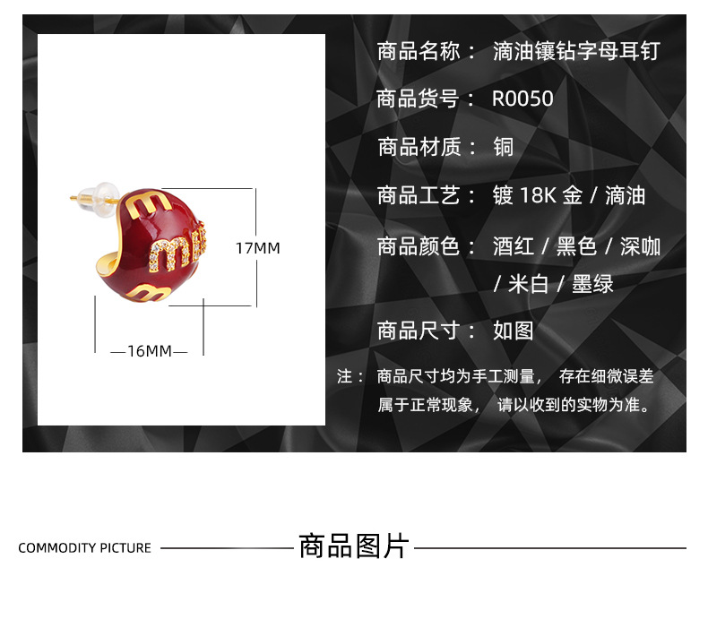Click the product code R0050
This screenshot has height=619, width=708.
pyautogui.click(x=522, y=99)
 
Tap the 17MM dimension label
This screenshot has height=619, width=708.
pyautogui.click(x=258, y=248)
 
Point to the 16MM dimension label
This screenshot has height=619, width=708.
pyautogui.click(x=149, y=351)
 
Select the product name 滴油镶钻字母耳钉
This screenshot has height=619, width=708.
pyautogui.click(x=576, y=50)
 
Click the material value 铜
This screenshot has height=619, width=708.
pyautogui.click(x=504, y=147)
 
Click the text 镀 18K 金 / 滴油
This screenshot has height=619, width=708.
pyautogui.click(x=569, y=195)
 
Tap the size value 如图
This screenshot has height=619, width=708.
pyautogui.click(x=514, y=331)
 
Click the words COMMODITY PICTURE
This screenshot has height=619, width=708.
pyautogui.click(x=85, y=548)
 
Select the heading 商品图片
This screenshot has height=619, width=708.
pyautogui.click(x=354, y=546)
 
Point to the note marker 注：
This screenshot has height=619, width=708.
pyautogui.click(x=350, y=376)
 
